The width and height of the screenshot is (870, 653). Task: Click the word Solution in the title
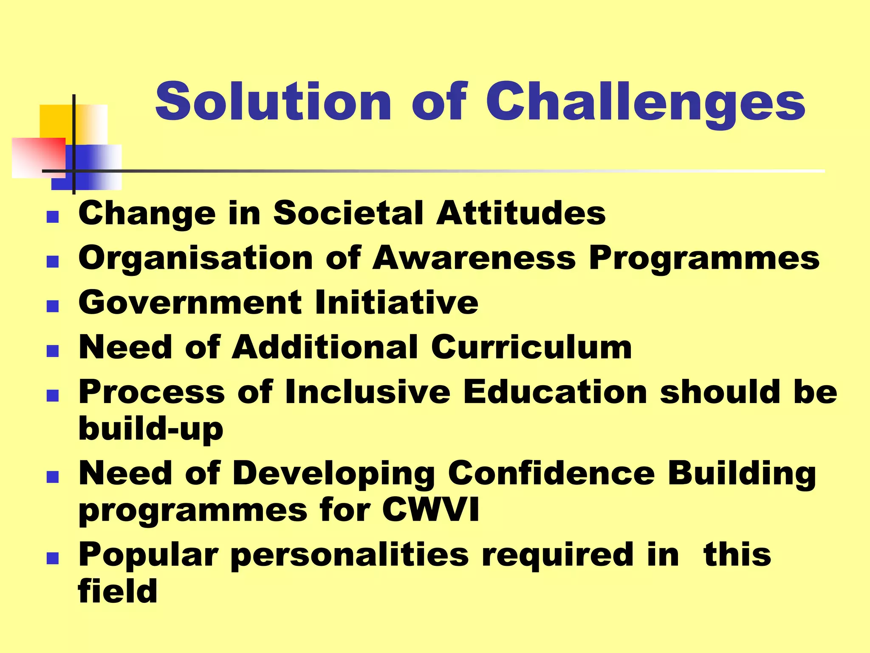(272, 102)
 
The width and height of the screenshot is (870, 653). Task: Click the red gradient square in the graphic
(38, 157)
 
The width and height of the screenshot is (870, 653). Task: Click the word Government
(190, 302)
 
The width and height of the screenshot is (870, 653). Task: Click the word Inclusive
(367, 392)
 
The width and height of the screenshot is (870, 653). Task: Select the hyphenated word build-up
(151, 429)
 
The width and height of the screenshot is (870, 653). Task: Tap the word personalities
(350, 555)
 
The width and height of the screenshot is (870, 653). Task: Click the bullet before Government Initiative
(52, 306)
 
